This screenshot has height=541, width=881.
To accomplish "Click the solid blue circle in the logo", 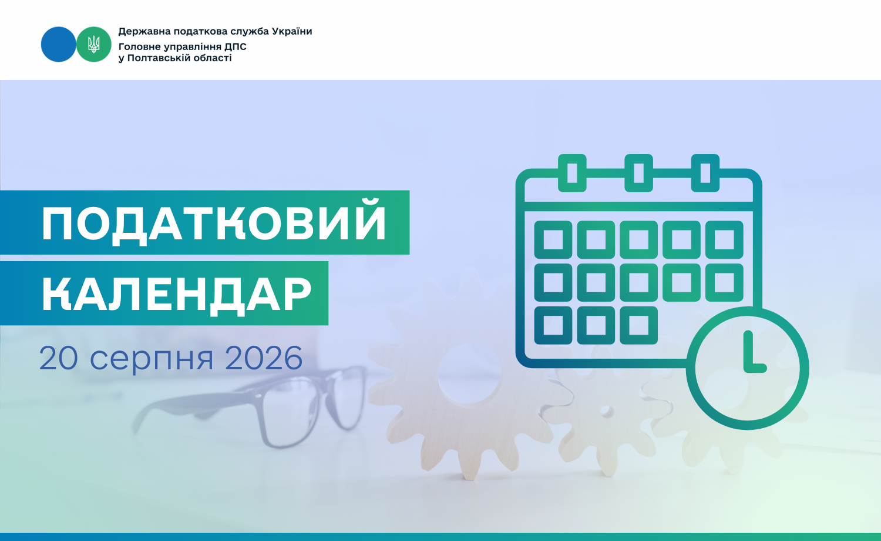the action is pos(58,44).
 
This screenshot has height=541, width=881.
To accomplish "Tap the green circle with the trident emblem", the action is pos(93,44).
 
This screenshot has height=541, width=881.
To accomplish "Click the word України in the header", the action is pos(291,32).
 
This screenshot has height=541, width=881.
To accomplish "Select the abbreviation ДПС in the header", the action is pos(235,46).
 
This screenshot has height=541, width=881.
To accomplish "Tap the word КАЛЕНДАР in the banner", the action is pos(177,294).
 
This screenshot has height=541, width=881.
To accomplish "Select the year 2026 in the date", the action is pos(264,358).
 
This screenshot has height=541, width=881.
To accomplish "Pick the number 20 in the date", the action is pos(59,358).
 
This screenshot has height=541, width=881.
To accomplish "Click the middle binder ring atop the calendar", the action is pos(639,173).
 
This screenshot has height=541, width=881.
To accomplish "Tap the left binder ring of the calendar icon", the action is pos(572,173).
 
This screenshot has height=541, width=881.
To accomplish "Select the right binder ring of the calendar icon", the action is pos(705,173).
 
